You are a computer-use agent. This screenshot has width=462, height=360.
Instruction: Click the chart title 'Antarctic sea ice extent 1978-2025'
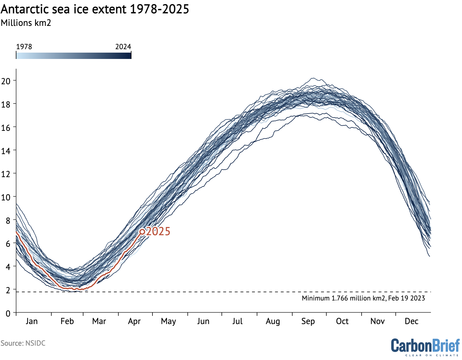(95, 9)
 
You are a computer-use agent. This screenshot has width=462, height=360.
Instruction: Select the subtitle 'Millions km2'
(26, 23)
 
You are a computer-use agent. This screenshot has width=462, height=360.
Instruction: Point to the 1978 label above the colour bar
(24, 47)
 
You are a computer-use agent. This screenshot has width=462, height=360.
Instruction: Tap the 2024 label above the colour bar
(123, 47)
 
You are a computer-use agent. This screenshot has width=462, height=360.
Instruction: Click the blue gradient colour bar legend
(74, 55)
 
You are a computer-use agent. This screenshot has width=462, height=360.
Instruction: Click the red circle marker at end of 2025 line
(142, 231)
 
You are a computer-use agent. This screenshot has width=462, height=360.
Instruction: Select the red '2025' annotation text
(158, 231)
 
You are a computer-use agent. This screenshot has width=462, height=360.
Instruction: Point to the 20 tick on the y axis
(6, 81)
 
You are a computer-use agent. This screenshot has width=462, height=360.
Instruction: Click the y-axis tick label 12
(6, 174)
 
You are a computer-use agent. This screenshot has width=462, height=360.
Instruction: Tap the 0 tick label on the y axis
(8, 313)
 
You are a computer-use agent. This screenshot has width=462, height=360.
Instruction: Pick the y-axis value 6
(8, 244)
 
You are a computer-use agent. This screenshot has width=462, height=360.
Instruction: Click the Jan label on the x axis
(32, 321)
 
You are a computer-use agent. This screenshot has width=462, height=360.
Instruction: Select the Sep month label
(308, 321)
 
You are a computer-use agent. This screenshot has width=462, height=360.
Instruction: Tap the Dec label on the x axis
(411, 321)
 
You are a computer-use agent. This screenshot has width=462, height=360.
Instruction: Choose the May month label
(168, 321)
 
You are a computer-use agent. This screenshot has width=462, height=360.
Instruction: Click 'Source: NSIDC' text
(23, 343)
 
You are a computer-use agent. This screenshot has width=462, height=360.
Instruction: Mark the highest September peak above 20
(313, 78)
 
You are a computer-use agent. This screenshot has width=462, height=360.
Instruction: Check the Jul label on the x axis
(237, 321)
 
